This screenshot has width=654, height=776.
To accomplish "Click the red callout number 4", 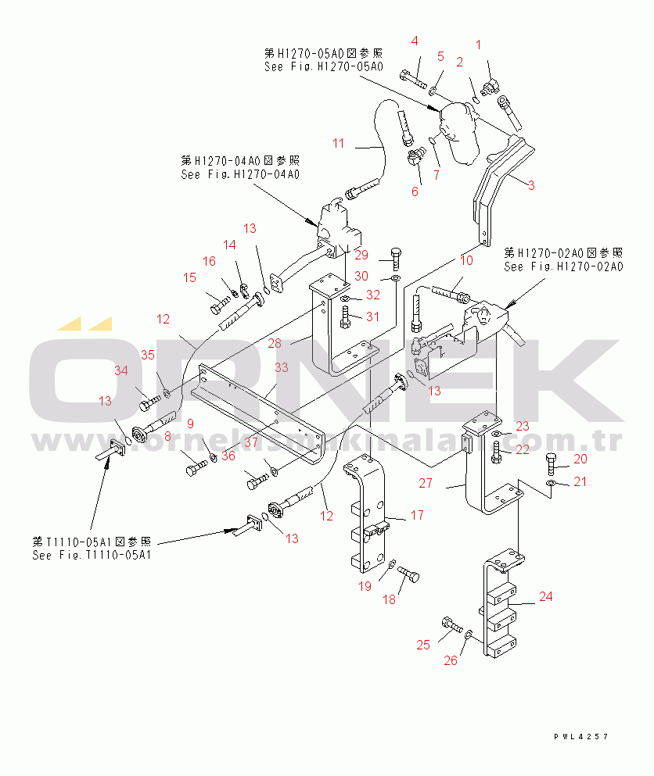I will (x=415, y=41).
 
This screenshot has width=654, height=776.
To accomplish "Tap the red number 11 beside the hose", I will (x=338, y=143).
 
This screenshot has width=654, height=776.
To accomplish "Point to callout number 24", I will (x=546, y=597).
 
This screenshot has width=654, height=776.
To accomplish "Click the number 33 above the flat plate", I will (x=281, y=367).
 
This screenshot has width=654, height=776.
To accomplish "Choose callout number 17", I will (x=418, y=515).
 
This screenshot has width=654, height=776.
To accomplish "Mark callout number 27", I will (x=425, y=484).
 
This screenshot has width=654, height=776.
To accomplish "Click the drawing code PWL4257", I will (x=580, y=737).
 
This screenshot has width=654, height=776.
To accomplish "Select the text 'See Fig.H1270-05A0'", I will (x=323, y=66).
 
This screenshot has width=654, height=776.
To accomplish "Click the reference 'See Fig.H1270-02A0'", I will (x=563, y=266).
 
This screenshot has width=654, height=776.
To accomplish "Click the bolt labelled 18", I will (x=409, y=578).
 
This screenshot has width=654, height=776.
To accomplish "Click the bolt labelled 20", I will (x=552, y=465).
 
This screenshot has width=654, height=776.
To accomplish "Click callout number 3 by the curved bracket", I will (x=530, y=185).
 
